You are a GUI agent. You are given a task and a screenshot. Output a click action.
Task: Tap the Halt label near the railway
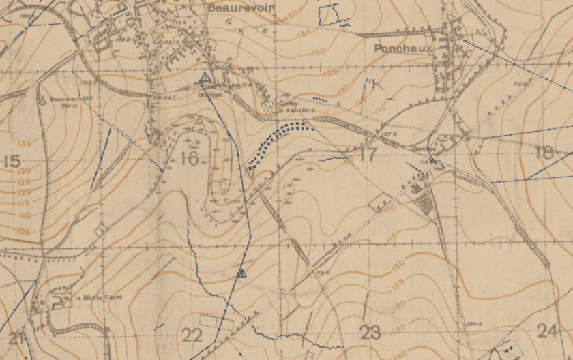pyautogui.click(x=420, y=149)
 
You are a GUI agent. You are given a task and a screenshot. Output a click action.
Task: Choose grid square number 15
pyautogui.click(x=12, y=161)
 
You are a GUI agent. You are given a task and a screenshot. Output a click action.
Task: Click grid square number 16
pyautogui.click(x=189, y=159)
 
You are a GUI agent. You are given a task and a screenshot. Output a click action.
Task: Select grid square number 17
pyautogui.click(x=367, y=154)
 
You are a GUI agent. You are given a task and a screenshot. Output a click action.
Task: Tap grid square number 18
pyautogui.click(x=544, y=153)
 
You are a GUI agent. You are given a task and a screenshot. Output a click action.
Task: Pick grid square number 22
pyautogui.click(x=193, y=334)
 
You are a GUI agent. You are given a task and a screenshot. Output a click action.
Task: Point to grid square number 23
pyautogui.click(x=370, y=332)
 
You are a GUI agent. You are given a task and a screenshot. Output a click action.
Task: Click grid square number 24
pyautogui.click(x=547, y=331)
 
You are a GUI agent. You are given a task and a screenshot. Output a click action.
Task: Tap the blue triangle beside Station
pyautogui.click(x=205, y=78)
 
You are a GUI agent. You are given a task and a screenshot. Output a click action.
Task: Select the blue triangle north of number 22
pyautogui.click(x=241, y=273)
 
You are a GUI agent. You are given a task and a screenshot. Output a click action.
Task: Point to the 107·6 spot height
pyautogui.click(x=390, y=135)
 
